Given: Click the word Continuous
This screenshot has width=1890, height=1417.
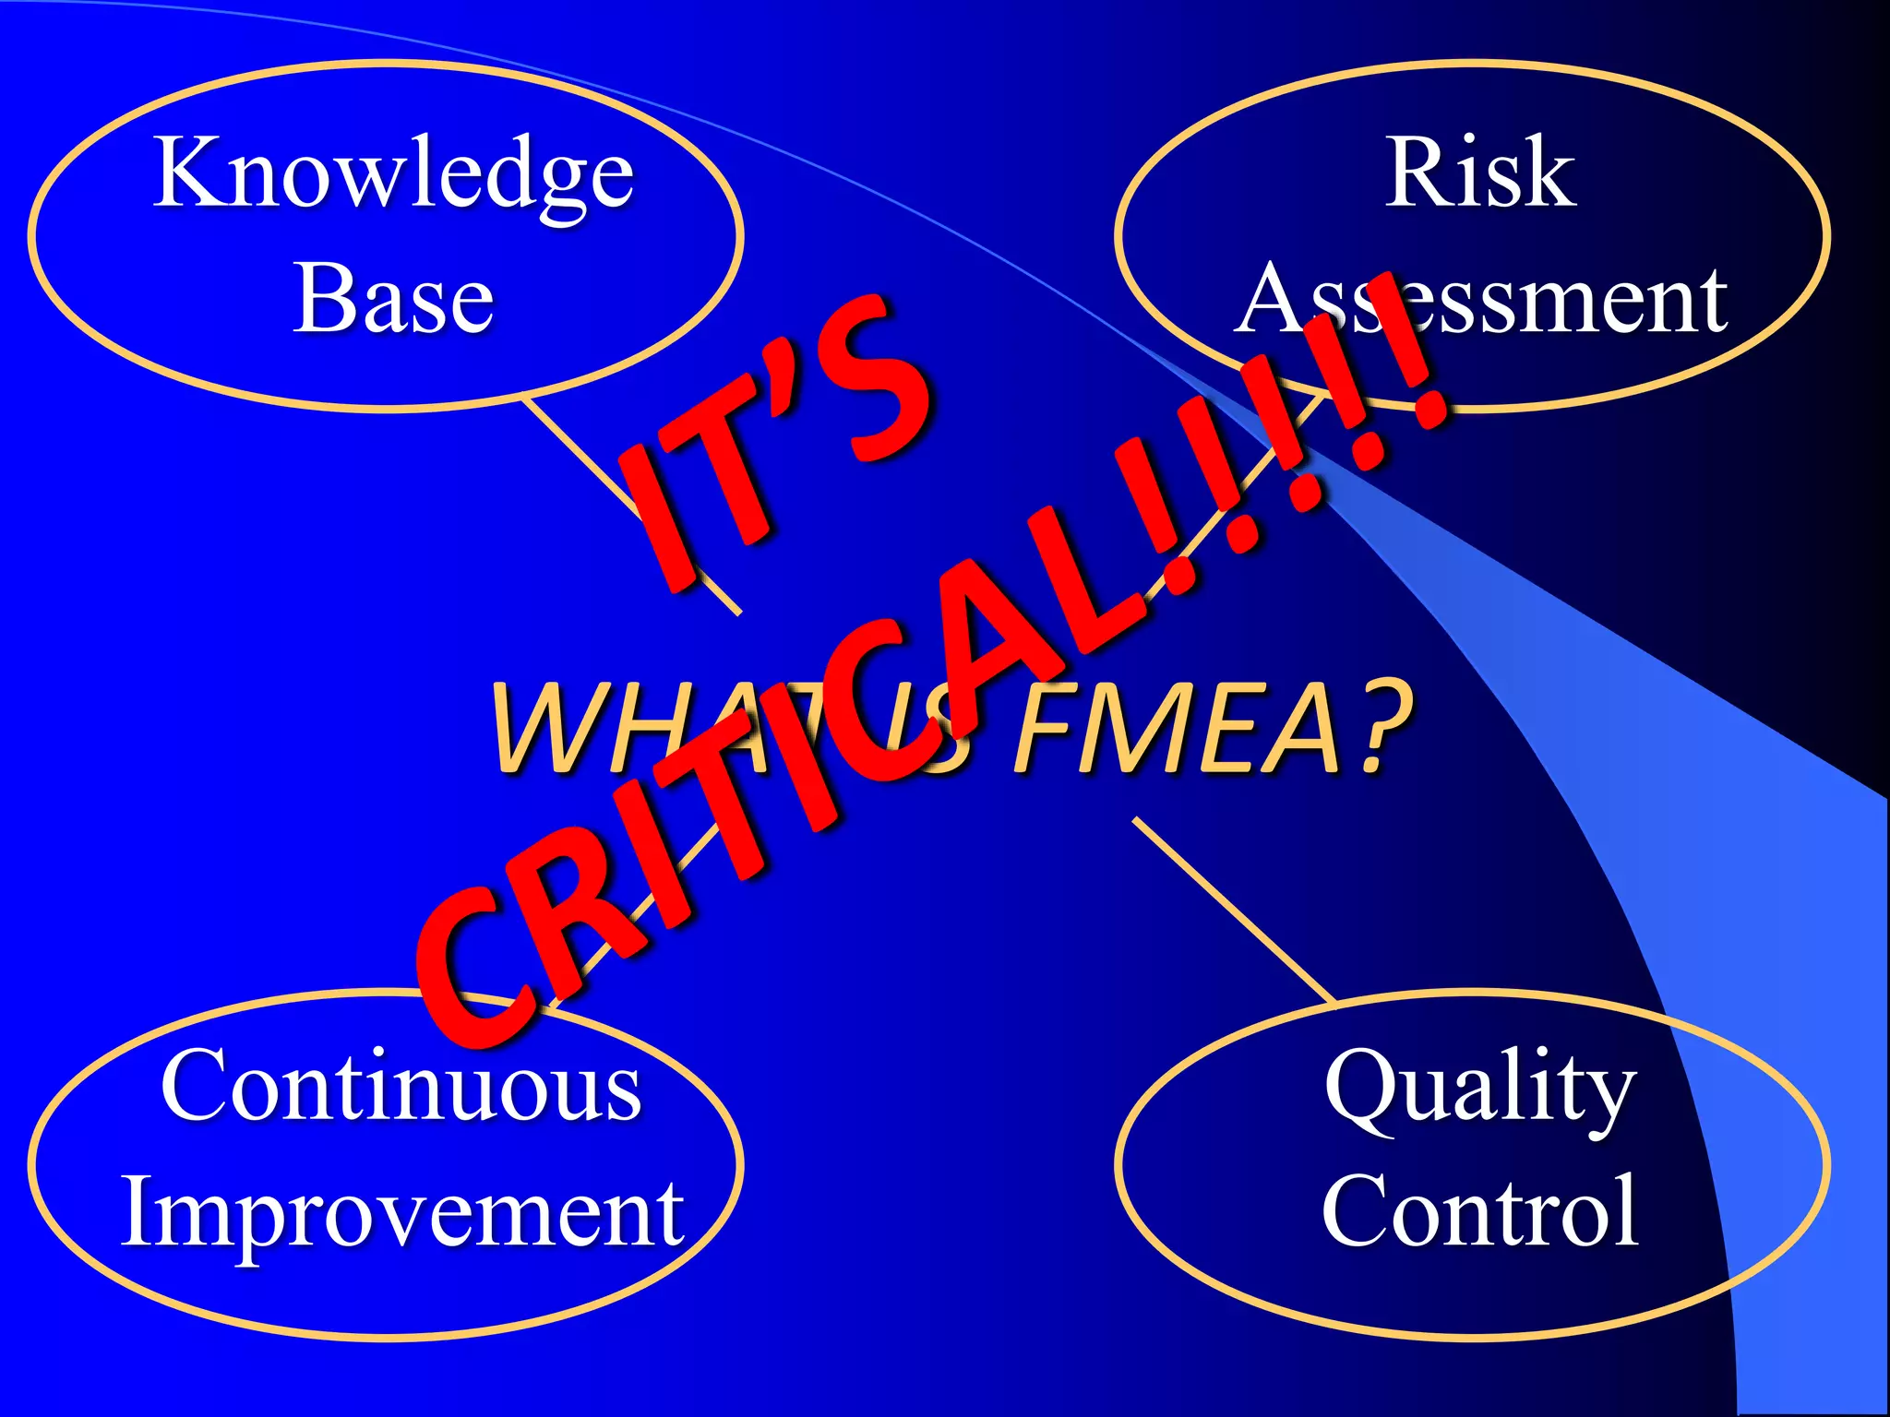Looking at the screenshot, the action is (401, 1086).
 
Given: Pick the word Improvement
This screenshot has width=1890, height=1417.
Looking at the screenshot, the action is (402, 1212).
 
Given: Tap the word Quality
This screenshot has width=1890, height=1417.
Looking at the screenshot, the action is (1480, 1089).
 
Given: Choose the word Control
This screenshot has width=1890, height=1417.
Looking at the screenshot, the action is (1480, 1212).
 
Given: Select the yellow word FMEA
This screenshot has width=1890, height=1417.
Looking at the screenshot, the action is (1177, 729).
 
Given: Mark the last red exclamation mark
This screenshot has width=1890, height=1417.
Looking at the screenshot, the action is (1412, 360).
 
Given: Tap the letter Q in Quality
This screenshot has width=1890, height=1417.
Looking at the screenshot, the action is (1361, 1089).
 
